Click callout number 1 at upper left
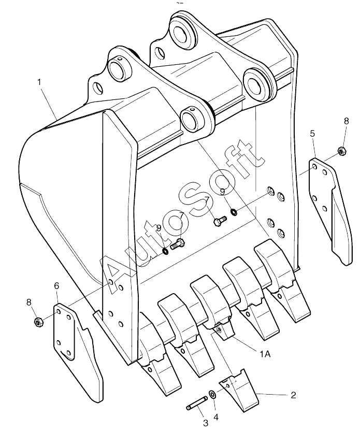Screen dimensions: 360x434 (39, 82)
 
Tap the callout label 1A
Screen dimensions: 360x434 (265, 354)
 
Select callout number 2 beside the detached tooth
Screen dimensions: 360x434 (293, 395)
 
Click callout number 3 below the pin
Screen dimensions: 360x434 (205, 423)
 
